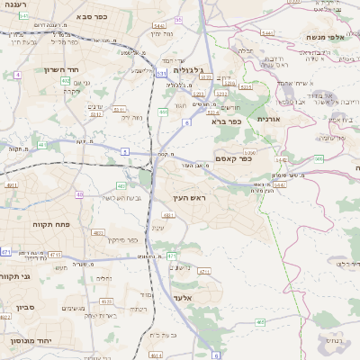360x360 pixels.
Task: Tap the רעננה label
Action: point(17,5)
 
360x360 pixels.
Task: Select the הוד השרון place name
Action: point(62,69)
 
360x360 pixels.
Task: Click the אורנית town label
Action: point(269,119)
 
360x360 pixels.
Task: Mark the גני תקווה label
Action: point(15,276)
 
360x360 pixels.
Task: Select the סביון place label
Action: point(25,307)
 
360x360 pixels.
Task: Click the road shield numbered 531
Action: point(162,74)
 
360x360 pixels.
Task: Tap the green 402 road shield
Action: point(66,81)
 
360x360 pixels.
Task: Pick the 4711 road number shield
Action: point(203,271)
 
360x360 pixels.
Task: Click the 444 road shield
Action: point(163,112)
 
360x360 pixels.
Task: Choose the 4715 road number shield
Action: point(56,255)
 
